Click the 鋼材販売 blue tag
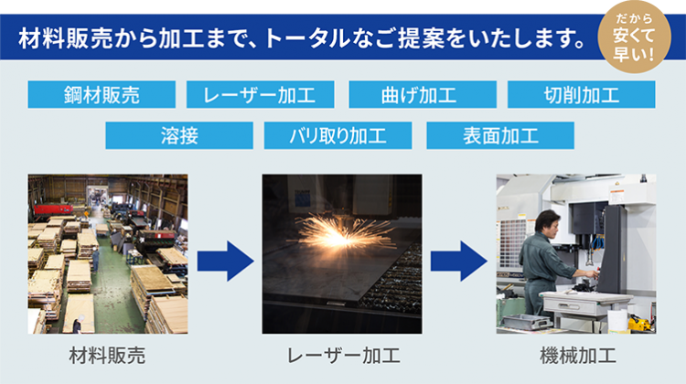pyautogui.click(x=102, y=94)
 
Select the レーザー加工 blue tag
pyautogui.click(x=261, y=94)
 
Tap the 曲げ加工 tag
pyautogui.click(x=423, y=94)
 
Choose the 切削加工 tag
pyautogui.click(x=582, y=94)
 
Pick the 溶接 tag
pyautogui.click(x=179, y=135)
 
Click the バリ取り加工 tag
pyautogui.click(x=338, y=135)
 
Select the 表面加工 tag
pyautogui.click(x=500, y=135)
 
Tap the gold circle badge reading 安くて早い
pyautogui.click(x=634, y=37)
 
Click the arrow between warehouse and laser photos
pyautogui.click(x=225, y=261)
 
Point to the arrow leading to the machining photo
pyautogui.click(x=459, y=261)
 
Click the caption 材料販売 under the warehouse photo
pyautogui.click(x=107, y=355)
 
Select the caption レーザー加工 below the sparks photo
pyautogui.click(x=343, y=355)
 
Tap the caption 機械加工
pyautogui.click(x=578, y=355)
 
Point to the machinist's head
pyautogui.click(x=548, y=222)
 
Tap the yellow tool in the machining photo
pyautogui.click(x=639, y=324)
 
